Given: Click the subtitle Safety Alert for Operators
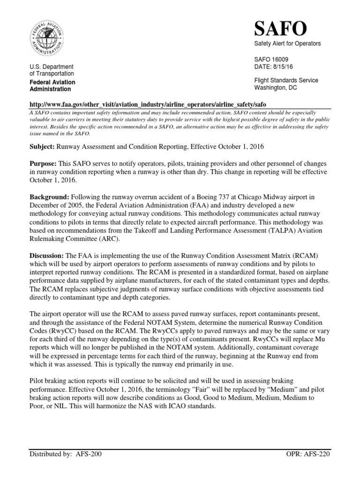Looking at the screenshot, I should point(287,44).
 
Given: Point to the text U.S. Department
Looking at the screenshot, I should point(51,67).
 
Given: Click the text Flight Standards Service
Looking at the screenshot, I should point(286,80).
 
